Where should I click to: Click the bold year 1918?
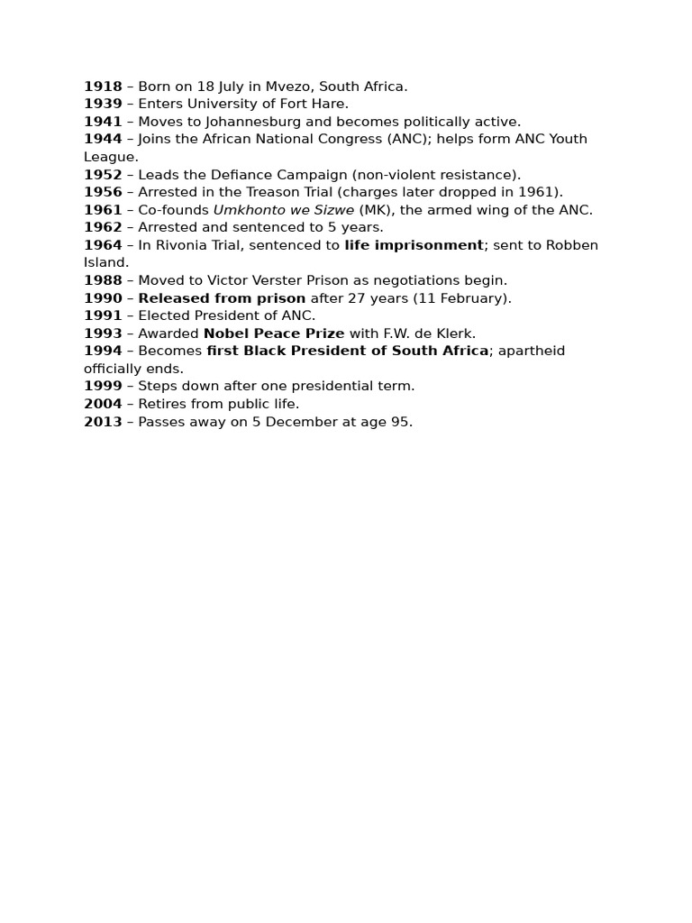point(103,87)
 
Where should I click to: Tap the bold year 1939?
point(103,104)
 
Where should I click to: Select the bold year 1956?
point(103,192)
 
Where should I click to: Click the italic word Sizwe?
point(334,210)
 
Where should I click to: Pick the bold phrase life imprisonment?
point(414,245)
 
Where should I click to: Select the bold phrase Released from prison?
point(222,298)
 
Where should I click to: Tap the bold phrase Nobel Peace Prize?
point(274,334)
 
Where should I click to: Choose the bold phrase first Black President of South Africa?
point(348,351)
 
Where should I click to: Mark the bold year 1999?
point(103,386)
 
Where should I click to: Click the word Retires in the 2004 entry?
point(165,404)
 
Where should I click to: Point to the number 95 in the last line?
point(400,422)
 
